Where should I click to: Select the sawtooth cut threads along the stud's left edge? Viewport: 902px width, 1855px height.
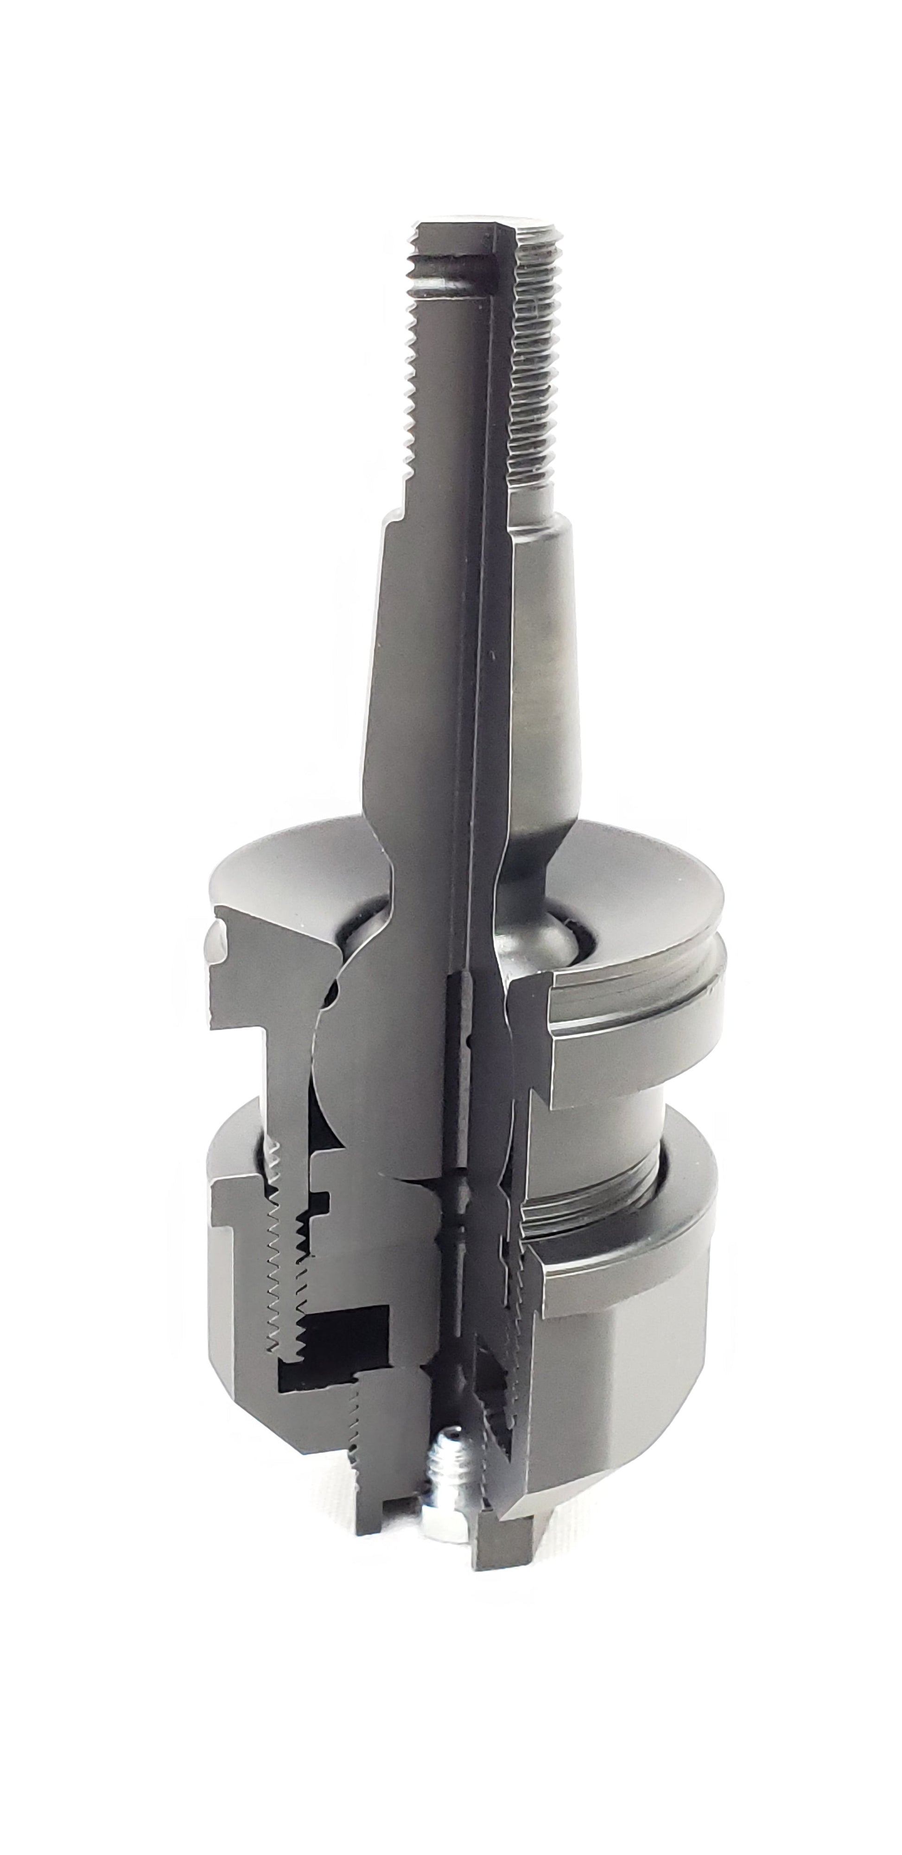pos(412,396)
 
